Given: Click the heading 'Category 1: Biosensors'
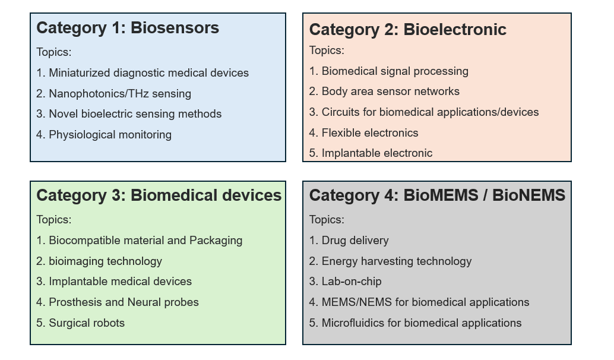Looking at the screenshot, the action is pos(128,28).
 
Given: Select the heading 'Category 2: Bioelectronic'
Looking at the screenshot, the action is pos(407,30).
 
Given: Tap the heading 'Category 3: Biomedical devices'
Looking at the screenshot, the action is pos(159,195).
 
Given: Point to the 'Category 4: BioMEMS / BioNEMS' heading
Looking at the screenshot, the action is pos(437,195).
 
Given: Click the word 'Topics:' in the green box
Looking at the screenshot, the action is pos(54,220).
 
